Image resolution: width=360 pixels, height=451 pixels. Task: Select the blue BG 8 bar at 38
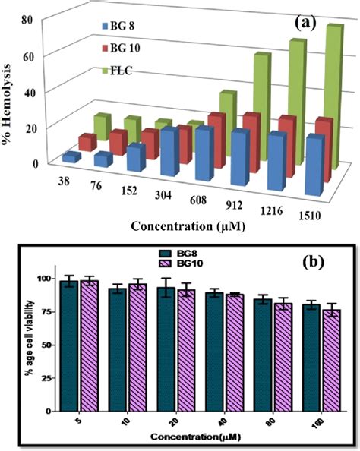[x=71, y=157]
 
